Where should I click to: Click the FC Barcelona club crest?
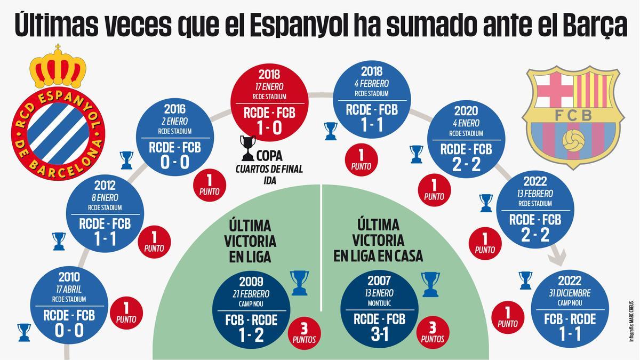[573, 115]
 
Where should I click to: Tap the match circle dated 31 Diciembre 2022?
[570, 310]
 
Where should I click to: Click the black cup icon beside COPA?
[247, 149]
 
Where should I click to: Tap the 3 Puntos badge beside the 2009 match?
[304, 332]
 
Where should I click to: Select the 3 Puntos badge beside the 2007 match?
[433, 332]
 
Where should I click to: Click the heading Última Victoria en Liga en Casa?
[378, 240]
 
